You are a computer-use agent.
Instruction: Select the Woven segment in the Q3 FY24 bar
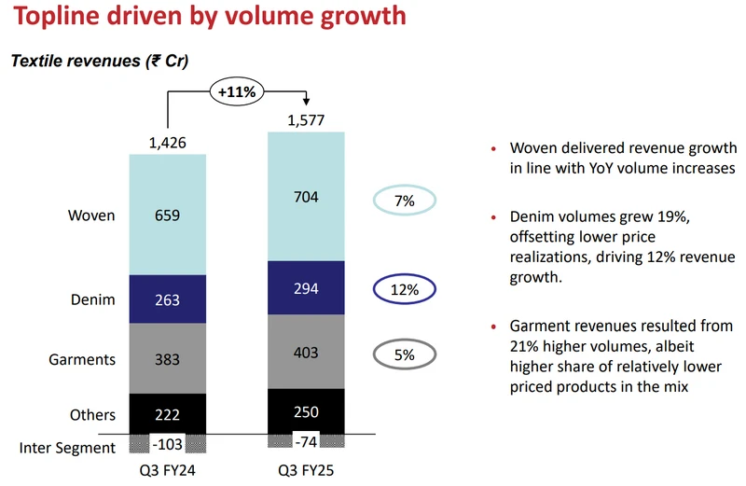tap(167, 215)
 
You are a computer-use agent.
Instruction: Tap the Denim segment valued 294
tap(305, 289)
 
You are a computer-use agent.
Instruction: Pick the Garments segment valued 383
tap(167, 359)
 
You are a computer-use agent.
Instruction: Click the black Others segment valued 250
tap(305, 411)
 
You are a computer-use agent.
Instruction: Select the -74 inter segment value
tap(305, 441)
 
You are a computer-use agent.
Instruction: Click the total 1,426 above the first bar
tap(168, 142)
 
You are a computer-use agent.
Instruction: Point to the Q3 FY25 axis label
tap(305, 472)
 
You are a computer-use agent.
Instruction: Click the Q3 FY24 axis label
tap(168, 472)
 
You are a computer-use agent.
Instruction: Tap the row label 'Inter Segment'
tap(67, 448)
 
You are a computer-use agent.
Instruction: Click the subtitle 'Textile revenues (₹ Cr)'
tap(100, 62)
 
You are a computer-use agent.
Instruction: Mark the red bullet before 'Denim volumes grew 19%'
tap(492, 218)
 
